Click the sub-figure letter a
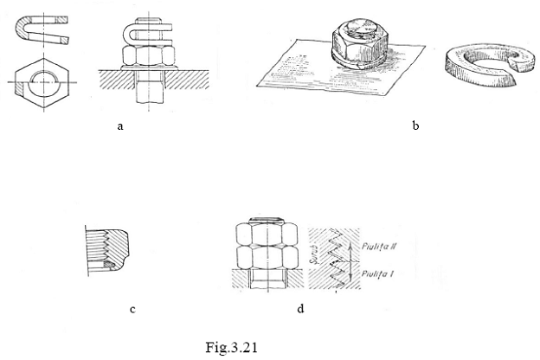pos(121,125)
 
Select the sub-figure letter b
pos(415,125)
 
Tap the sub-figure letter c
pos(132,307)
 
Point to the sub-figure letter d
pos(300,307)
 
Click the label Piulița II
pos(381,245)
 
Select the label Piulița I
pos(380,273)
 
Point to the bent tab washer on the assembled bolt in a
pos(148,36)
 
